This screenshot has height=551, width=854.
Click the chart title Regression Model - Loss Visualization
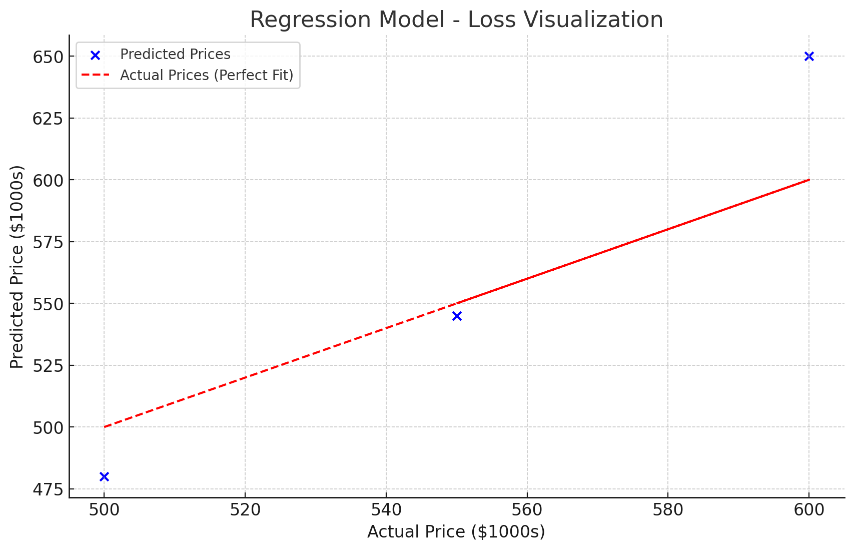[x=456, y=20]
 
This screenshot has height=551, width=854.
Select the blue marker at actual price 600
[x=809, y=57]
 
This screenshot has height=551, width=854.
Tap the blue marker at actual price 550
[x=457, y=316]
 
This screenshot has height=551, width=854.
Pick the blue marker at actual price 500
[x=104, y=476]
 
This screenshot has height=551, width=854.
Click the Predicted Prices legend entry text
[x=175, y=54]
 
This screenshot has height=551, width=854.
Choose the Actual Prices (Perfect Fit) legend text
[x=207, y=75]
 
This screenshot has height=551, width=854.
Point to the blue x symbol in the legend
[x=95, y=55]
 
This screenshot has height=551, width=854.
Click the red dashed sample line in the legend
[x=95, y=76]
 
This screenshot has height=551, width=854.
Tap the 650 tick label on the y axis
[x=48, y=57]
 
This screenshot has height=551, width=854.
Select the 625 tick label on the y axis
[x=48, y=119]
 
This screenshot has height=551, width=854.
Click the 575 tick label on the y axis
[x=48, y=242]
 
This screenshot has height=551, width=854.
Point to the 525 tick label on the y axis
[x=48, y=366]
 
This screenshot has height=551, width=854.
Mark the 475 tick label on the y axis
[x=48, y=489]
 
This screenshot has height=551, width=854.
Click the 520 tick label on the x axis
[x=245, y=510]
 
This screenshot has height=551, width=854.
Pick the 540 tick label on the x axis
[x=386, y=510]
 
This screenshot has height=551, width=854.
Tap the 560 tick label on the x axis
[x=527, y=510]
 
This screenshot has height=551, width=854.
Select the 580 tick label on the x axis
[x=668, y=510]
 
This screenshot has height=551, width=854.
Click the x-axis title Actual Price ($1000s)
[x=456, y=531]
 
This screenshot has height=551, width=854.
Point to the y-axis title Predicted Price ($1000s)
[x=17, y=267]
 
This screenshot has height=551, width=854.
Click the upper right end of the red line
[x=808, y=180]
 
